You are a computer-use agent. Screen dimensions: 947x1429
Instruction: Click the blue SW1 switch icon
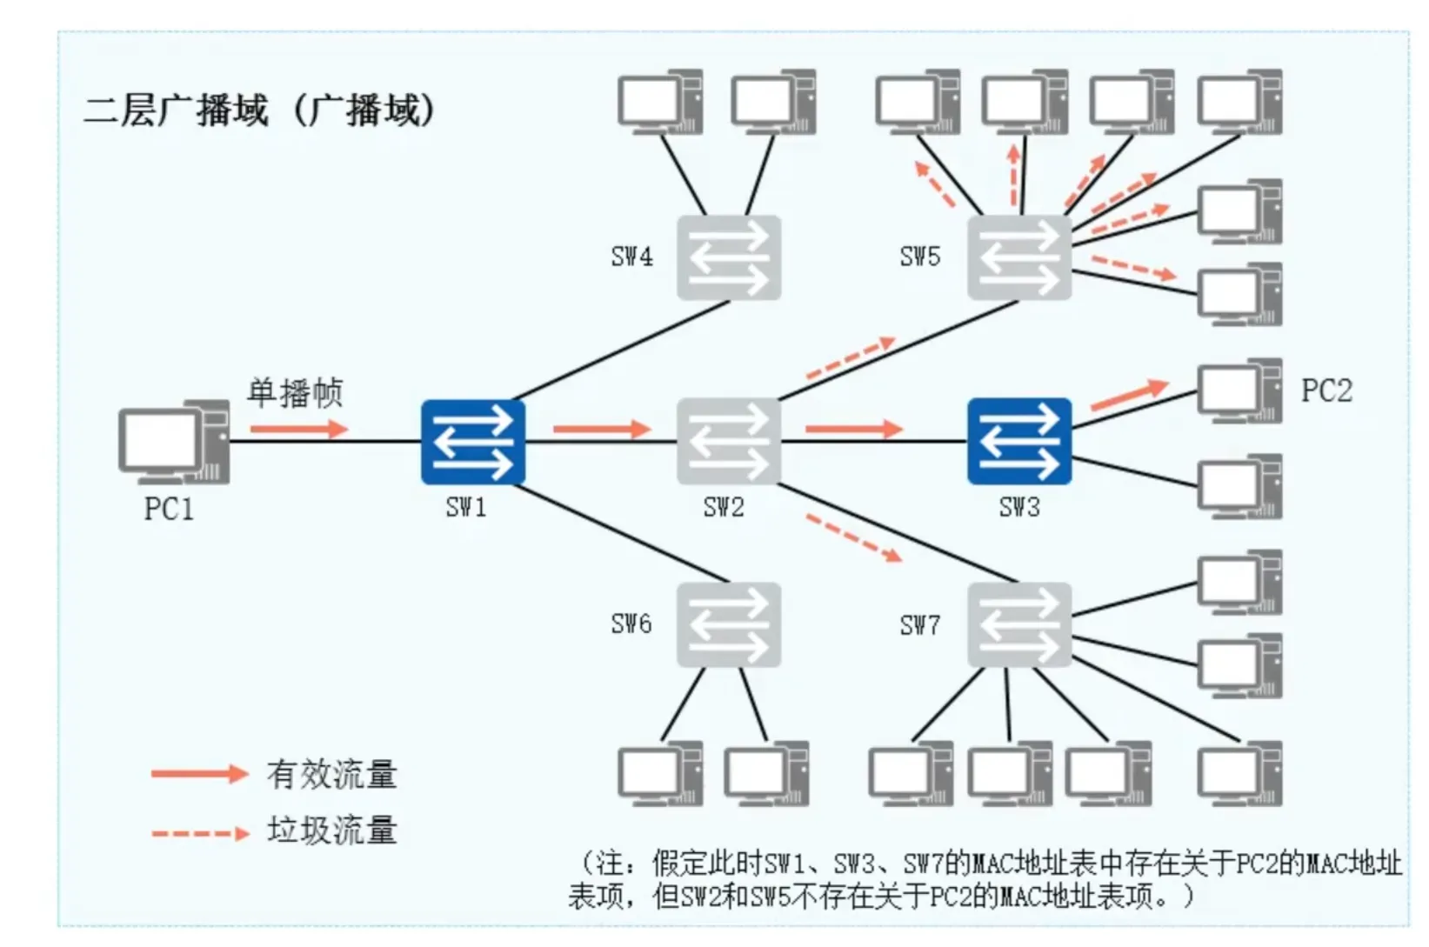pyautogui.click(x=472, y=442)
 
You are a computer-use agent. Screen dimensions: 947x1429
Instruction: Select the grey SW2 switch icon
pyautogui.click(x=729, y=442)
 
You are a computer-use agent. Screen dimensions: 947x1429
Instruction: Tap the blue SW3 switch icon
pyautogui.click(x=1018, y=442)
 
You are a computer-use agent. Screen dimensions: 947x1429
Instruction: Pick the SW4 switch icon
pyautogui.click(x=729, y=258)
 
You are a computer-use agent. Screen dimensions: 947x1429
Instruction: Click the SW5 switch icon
pyautogui.click(x=1018, y=258)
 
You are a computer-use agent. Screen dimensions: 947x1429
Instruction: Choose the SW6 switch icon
pyautogui.click(x=729, y=625)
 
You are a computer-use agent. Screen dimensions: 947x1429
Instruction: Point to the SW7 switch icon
pyautogui.click(x=1018, y=625)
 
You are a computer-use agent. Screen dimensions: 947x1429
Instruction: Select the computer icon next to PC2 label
pyautogui.click(x=1239, y=391)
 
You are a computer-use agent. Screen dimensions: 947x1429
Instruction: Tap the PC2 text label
pyautogui.click(x=1326, y=391)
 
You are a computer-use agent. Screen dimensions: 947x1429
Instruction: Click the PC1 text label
pyautogui.click(x=169, y=509)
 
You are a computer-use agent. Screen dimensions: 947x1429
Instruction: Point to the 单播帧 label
pyautogui.click(x=295, y=393)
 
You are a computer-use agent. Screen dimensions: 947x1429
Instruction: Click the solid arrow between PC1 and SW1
pyautogui.click(x=298, y=429)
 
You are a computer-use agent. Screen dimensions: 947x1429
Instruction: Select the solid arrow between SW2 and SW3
pyautogui.click(x=853, y=429)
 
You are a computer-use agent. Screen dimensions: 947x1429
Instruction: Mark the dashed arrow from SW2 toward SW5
pyautogui.click(x=851, y=358)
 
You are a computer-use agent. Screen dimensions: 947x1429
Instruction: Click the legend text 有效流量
pyautogui.click(x=331, y=775)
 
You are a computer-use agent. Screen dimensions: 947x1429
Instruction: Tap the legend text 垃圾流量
pyautogui.click(x=331, y=830)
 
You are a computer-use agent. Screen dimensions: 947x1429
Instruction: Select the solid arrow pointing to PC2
pyautogui.click(x=1128, y=395)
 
